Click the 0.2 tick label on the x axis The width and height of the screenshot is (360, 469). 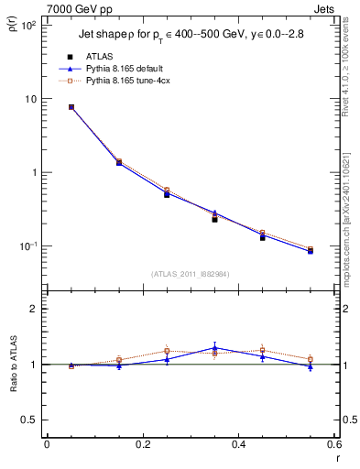pos(142,444)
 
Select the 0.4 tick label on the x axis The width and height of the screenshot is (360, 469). pos(238,444)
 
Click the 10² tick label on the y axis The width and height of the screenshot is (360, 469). pos(27,26)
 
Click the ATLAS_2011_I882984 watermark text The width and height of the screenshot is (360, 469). pos(190,273)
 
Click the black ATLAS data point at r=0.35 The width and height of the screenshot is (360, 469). pos(214,220)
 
